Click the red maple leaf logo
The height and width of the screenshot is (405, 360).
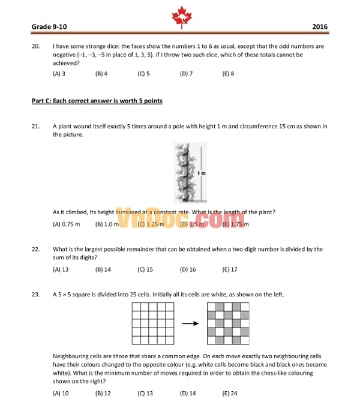coord(179,17)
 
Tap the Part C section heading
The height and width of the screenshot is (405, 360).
coord(97,101)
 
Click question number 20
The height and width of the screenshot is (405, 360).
coord(35,46)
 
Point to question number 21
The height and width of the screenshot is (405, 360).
coord(35,126)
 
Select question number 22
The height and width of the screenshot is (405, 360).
coord(35,249)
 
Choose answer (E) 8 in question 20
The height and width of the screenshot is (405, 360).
coord(228,74)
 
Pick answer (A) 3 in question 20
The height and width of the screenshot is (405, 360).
coord(59,74)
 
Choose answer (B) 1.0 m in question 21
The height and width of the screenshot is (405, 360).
coord(107,224)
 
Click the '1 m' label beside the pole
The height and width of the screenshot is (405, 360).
coord(202,173)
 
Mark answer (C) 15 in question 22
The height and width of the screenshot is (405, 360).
coord(145,269)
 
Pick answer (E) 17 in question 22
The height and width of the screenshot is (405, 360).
coord(230,269)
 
